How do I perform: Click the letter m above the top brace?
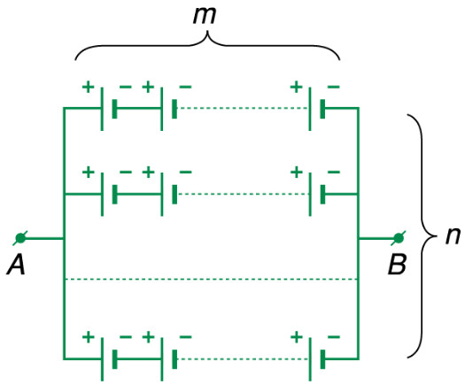point(205,15)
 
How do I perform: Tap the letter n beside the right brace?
point(453,236)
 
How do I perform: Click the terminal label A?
point(16,265)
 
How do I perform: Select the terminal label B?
point(397,264)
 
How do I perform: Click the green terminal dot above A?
point(20,238)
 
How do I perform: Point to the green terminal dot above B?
point(399,238)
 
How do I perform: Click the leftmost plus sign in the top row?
point(88,87)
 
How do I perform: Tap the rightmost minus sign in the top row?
point(334,87)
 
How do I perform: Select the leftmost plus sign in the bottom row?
point(88,337)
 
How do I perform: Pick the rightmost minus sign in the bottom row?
point(334,337)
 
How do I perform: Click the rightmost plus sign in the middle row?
point(296,172)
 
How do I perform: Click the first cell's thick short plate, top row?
point(114,109)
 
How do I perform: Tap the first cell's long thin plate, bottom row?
point(102,359)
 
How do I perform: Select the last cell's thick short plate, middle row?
point(322,195)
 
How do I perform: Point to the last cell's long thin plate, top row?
point(310,109)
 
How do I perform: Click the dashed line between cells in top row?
point(243,108)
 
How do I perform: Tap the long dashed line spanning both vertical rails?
point(211,279)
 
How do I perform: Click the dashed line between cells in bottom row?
point(243,359)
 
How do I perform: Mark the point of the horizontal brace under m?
point(207,31)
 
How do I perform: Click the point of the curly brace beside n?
point(437,236)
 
